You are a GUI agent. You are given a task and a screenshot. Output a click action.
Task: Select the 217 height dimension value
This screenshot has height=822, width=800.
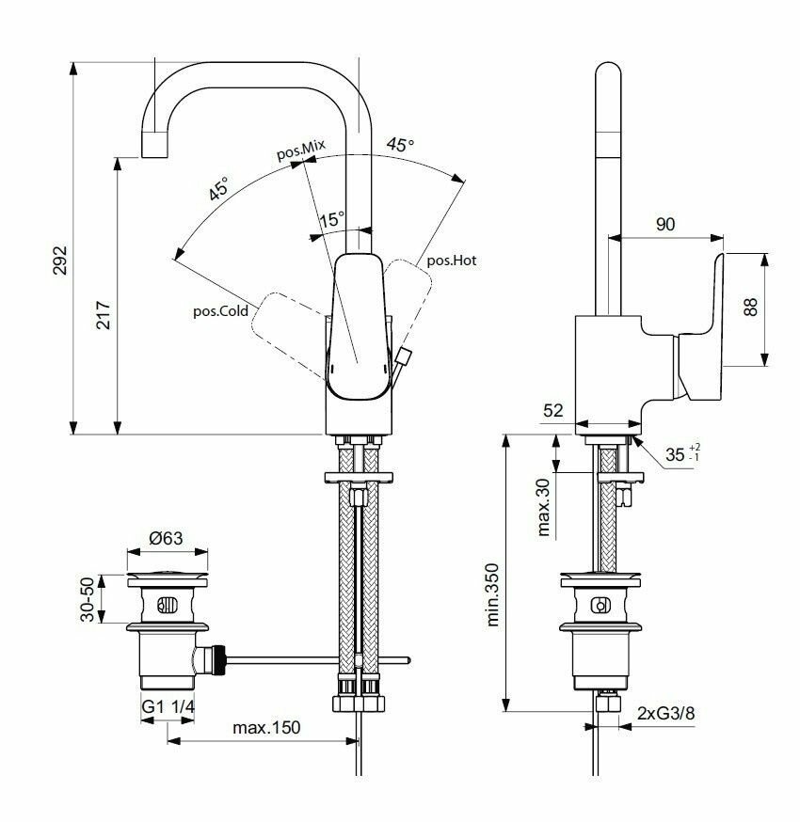click(104, 315)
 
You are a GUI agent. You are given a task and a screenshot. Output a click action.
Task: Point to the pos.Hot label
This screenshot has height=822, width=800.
click(452, 261)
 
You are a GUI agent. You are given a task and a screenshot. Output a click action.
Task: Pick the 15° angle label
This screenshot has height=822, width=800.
click(331, 219)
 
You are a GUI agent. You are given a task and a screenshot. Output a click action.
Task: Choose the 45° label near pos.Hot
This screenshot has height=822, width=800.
click(400, 145)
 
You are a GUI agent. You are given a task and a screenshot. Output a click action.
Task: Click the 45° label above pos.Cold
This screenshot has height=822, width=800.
click(218, 189)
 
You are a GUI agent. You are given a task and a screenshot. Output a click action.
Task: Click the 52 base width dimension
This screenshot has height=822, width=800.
click(552, 409)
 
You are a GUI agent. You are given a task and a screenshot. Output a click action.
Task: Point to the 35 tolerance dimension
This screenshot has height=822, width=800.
click(676, 455)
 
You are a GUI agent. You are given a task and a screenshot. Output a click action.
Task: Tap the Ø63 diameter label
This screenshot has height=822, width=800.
click(166, 539)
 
